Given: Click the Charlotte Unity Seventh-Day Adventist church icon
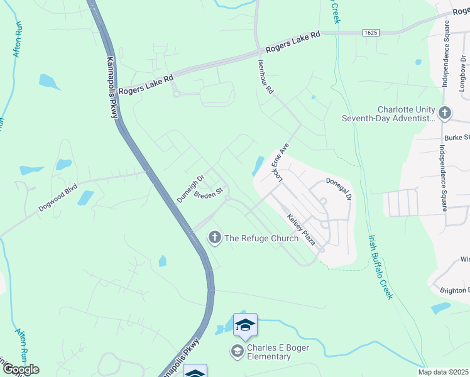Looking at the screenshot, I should point(445,113).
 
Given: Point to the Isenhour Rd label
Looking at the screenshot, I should point(266,77).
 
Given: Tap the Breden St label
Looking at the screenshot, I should point(209,193).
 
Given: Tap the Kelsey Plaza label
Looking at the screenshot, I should point(301,229).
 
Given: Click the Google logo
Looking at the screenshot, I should point(20,369).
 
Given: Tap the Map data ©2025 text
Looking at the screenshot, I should point(443,372).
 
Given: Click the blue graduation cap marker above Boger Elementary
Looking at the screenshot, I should point(245,325).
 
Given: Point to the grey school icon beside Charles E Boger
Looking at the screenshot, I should point(238,351).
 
